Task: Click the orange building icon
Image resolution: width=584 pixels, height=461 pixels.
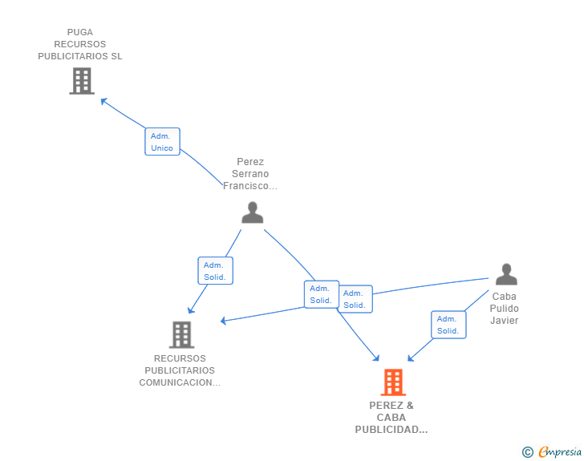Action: point(393,382)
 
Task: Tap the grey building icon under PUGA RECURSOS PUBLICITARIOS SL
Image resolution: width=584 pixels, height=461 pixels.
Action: point(82,81)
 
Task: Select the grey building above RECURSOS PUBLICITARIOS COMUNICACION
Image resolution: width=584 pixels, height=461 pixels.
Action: point(182,335)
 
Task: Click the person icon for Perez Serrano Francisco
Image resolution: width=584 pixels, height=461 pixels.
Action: point(253,212)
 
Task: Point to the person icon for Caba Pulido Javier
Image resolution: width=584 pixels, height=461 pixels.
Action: point(506,274)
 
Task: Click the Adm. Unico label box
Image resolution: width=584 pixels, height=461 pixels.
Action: point(162,141)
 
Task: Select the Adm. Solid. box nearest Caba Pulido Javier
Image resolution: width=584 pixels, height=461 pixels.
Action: point(448,325)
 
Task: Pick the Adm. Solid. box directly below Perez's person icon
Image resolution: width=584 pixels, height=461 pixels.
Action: point(215,271)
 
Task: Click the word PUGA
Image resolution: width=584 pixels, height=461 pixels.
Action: point(80,32)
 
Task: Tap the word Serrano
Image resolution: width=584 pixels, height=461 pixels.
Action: point(250,174)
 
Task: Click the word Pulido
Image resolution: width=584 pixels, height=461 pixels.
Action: point(505,309)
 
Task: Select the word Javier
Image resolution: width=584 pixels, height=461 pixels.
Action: point(505,321)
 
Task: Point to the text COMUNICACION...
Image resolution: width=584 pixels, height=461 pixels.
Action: point(180,382)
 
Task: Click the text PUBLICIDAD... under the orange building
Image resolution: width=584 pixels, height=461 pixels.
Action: point(391,430)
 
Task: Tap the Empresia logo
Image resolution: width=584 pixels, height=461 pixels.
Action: point(560,452)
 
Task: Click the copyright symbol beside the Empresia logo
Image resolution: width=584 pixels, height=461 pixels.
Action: point(528,452)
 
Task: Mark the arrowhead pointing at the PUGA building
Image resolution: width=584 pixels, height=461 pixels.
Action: point(104,101)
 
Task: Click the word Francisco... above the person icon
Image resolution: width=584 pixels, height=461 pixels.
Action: point(250,186)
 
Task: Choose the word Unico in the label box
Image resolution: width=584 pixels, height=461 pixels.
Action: point(162,148)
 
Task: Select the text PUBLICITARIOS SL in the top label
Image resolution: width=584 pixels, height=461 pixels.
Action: point(80,56)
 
